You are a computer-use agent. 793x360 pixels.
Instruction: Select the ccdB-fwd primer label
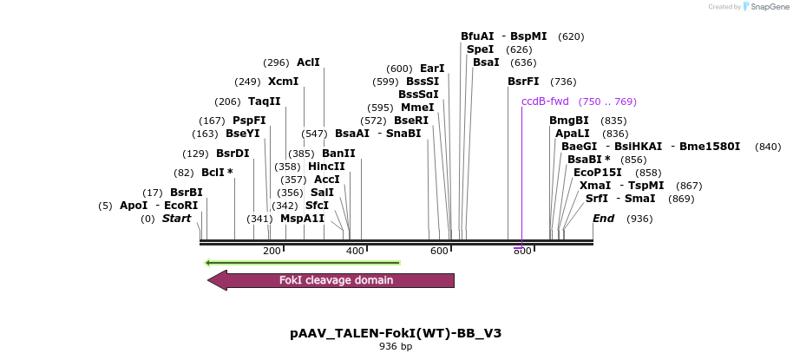tap(545, 101)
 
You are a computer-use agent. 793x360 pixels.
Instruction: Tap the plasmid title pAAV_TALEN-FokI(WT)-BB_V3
tap(396, 333)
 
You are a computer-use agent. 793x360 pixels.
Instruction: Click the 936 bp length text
tap(396, 347)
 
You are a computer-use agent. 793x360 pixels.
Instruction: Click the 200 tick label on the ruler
tap(272, 251)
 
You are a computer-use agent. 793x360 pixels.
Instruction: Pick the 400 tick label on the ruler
tap(355, 251)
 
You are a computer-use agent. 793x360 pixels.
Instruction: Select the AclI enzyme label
tap(308, 62)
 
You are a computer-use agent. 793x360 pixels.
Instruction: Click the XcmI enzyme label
tap(283, 82)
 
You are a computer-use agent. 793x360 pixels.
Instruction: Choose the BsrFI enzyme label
tap(523, 82)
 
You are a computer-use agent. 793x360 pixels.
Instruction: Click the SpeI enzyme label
tap(480, 49)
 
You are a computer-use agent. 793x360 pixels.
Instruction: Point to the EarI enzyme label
tap(432, 69)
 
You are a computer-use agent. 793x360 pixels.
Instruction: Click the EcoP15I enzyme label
tap(598, 173)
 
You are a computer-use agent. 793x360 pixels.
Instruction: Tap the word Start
tap(176, 219)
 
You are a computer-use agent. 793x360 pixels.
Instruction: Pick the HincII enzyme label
tap(326, 167)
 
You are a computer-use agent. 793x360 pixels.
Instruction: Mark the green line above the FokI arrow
tap(302, 262)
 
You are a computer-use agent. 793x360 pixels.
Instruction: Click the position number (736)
tap(563, 82)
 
